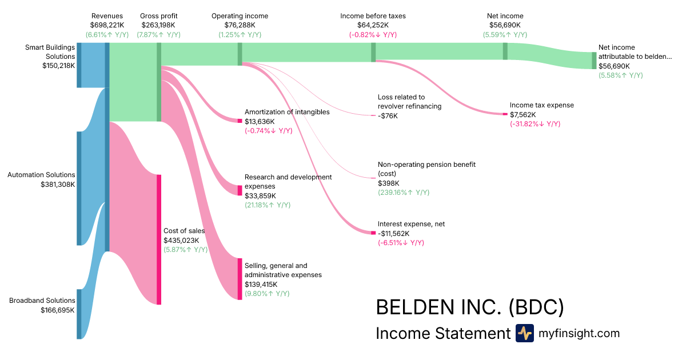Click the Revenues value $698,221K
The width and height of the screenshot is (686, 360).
click(x=107, y=25)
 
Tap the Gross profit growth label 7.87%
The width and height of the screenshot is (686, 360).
click(x=158, y=35)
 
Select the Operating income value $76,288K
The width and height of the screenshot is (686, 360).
click(x=240, y=25)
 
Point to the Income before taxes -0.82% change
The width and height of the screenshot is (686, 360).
click(x=373, y=35)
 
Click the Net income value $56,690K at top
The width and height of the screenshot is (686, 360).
click(x=505, y=25)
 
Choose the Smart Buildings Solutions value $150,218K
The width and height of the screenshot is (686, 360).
click(x=58, y=66)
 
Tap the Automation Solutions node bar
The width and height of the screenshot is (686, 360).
click(x=79, y=188)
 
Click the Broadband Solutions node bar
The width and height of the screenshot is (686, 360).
click(x=79, y=314)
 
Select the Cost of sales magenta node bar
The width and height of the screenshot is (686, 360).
click(x=159, y=239)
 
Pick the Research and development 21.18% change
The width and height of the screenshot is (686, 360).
click(x=268, y=205)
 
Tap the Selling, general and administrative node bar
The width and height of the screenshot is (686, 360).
click(x=240, y=279)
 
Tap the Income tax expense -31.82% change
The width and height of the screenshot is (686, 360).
click(x=535, y=124)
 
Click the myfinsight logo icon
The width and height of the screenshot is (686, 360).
click(x=525, y=333)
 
